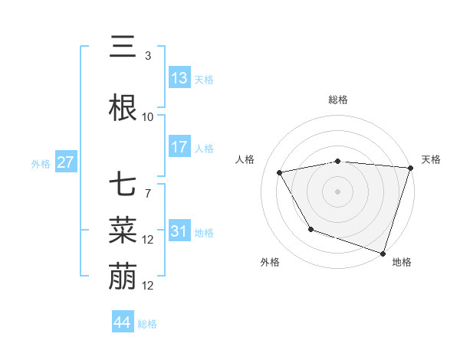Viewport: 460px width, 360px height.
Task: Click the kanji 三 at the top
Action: (x=123, y=49)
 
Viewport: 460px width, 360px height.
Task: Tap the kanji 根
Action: (x=123, y=108)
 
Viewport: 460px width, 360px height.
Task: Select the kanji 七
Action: (x=123, y=186)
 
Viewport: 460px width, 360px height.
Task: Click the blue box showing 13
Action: (x=179, y=78)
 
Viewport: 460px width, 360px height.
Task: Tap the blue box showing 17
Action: (x=179, y=147)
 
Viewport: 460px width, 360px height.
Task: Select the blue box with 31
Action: (x=179, y=232)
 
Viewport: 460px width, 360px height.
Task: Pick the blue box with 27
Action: (x=65, y=162)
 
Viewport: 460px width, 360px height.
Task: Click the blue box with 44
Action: (x=123, y=322)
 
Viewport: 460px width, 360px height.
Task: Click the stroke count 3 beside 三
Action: (x=147, y=56)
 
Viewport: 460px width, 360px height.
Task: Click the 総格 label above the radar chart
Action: (x=337, y=100)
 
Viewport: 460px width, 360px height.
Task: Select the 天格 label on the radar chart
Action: (x=431, y=159)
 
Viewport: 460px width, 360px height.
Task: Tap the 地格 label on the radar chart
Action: (x=402, y=262)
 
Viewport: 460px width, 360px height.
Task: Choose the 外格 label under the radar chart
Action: (x=270, y=262)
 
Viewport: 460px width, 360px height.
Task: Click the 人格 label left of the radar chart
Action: (x=245, y=159)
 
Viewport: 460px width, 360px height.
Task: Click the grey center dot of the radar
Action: (x=337, y=191)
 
